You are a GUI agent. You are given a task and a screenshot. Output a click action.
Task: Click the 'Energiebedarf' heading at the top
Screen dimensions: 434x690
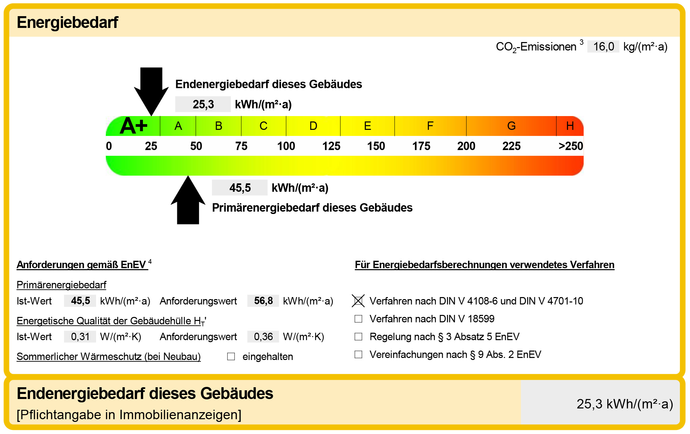[x=67, y=23]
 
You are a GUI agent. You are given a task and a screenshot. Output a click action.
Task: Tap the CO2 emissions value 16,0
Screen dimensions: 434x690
[x=603, y=46]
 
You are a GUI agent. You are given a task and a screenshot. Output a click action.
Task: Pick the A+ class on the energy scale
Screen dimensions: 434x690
[x=134, y=126]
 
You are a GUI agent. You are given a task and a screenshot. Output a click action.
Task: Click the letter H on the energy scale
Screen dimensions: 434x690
[x=570, y=126]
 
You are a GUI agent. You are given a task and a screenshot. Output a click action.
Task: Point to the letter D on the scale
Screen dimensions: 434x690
[x=313, y=126]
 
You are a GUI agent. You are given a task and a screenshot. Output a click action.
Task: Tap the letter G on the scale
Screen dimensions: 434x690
[x=511, y=126]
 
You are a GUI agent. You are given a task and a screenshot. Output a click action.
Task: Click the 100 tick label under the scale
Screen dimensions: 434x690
[x=286, y=146]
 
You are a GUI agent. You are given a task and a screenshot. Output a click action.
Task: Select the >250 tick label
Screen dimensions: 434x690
[x=570, y=146]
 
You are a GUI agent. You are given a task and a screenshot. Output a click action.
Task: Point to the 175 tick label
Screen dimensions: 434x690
[x=421, y=146]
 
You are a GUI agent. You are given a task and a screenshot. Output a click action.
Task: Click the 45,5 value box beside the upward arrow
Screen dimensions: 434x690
[x=240, y=188]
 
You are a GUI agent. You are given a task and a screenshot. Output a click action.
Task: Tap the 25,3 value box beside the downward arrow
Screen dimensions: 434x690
[x=203, y=104]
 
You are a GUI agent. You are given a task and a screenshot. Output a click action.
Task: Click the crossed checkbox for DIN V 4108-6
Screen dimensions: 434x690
[x=358, y=301]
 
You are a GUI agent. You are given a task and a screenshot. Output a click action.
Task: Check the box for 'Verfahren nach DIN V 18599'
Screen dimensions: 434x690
[x=358, y=319]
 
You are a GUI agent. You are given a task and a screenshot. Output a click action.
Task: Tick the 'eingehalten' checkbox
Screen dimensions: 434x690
[x=231, y=356]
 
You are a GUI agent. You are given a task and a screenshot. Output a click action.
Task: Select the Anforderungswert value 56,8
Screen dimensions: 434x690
[x=263, y=301]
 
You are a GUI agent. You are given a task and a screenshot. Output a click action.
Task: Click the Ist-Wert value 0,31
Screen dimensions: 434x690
[x=80, y=336]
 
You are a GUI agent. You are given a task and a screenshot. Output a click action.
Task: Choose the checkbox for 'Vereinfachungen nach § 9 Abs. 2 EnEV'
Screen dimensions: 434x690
[x=358, y=354]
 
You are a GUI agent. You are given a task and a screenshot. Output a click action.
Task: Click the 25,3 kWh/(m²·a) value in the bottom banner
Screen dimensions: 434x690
[x=624, y=404]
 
